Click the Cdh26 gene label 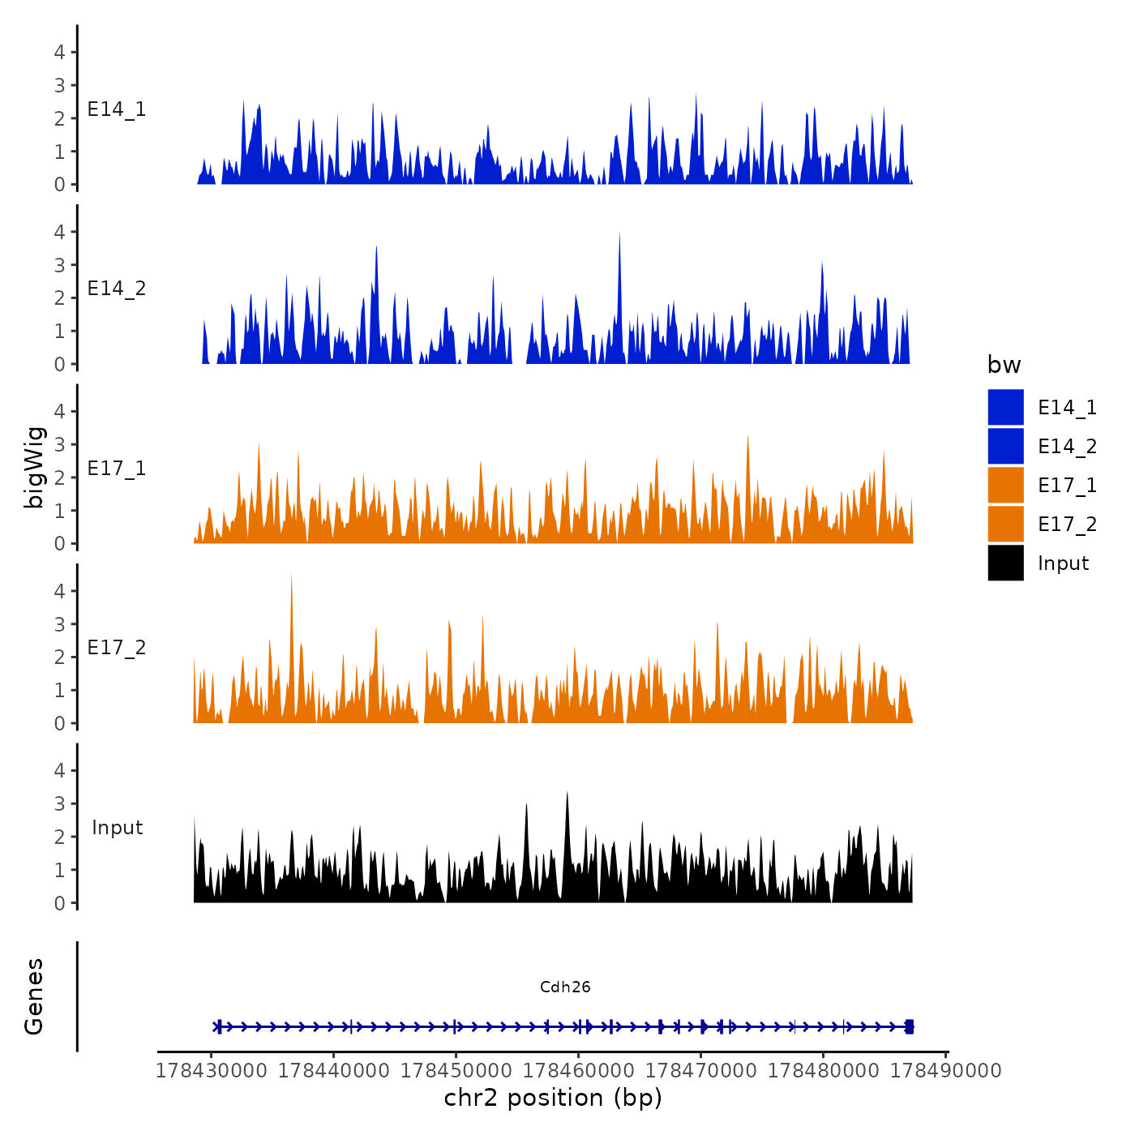click(565, 987)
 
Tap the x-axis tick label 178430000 click(211, 1070)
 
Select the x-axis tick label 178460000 click(579, 1070)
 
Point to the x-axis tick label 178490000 click(946, 1070)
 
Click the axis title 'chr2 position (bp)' click(553, 1098)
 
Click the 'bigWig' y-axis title click(34, 468)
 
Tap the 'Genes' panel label click(34, 996)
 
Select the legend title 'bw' click(1004, 365)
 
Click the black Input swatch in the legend click(1005, 563)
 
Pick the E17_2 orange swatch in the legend click(1005, 524)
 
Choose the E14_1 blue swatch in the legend click(1005, 407)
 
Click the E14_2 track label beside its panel click(117, 289)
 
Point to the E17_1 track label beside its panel click(117, 469)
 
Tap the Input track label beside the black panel click(117, 828)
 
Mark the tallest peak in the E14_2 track click(619, 234)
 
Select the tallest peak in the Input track click(567, 794)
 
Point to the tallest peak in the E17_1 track click(747, 438)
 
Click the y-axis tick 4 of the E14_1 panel click(59, 53)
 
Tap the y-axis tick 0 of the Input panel click(59, 903)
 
